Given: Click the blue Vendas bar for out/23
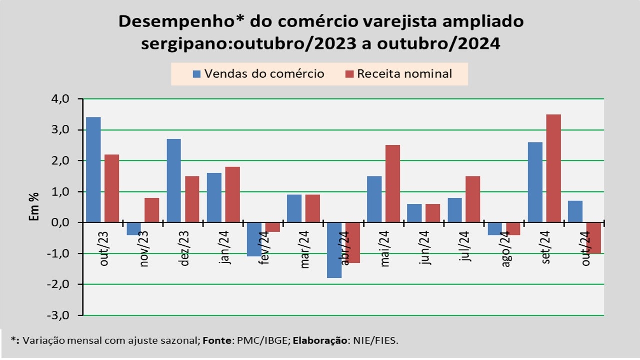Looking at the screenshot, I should (x=93, y=170).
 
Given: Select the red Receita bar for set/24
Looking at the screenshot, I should (x=553, y=168).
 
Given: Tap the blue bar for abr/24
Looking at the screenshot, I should (x=334, y=250).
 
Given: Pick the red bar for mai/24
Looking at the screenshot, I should (x=393, y=184).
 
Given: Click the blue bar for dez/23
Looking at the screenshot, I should (x=174, y=180).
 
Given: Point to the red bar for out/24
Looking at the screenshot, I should (x=594, y=238).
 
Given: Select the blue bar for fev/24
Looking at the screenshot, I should (x=254, y=239).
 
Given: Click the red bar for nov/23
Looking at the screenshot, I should (x=152, y=210).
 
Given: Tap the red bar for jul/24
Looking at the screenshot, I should (x=473, y=199).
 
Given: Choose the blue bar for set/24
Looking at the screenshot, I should (x=535, y=182).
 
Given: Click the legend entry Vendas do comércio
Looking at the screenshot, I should (x=259, y=74).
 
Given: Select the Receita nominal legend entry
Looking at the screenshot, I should (x=398, y=74).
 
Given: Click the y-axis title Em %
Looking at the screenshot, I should (x=35, y=207).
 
